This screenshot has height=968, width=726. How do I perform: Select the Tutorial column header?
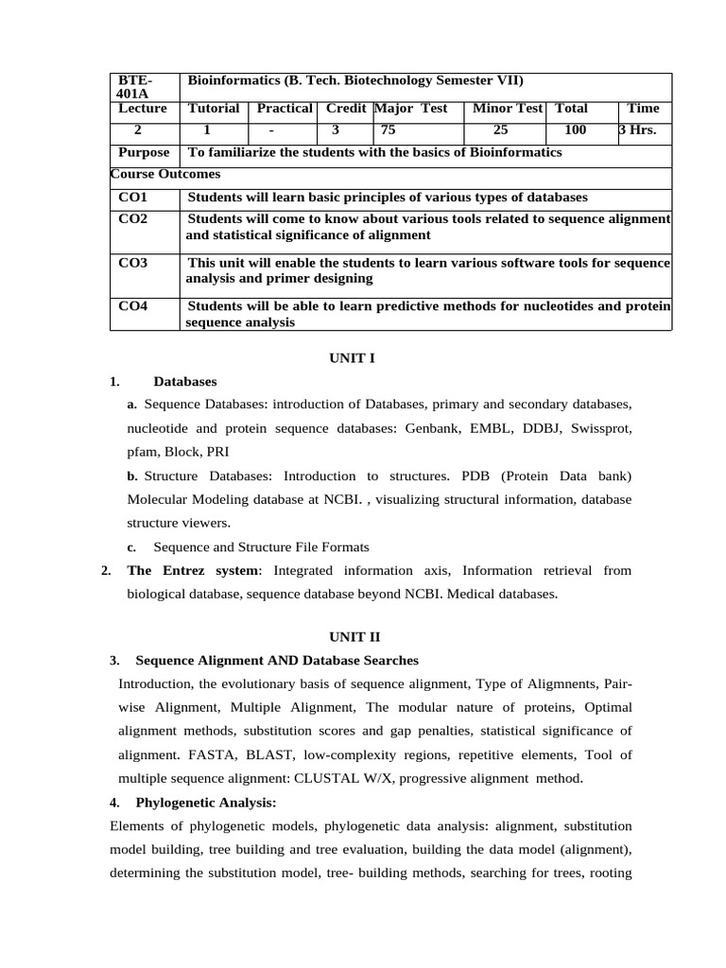point(214,109)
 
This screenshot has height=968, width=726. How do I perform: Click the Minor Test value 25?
point(500,130)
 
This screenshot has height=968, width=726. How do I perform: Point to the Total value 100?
point(575,130)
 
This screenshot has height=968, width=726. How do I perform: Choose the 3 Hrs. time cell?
point(637,130)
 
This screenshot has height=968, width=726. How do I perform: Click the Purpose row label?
point(144,153)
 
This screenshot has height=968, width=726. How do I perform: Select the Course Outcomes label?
point(165,175)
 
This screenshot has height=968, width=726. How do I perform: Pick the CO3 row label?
point(133,263)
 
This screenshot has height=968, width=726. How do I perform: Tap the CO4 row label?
point(133,306)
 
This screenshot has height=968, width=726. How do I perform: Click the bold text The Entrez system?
point(192,571)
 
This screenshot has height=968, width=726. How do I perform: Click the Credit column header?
point(345,109)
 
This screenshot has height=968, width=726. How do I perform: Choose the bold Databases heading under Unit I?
point(185,382)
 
